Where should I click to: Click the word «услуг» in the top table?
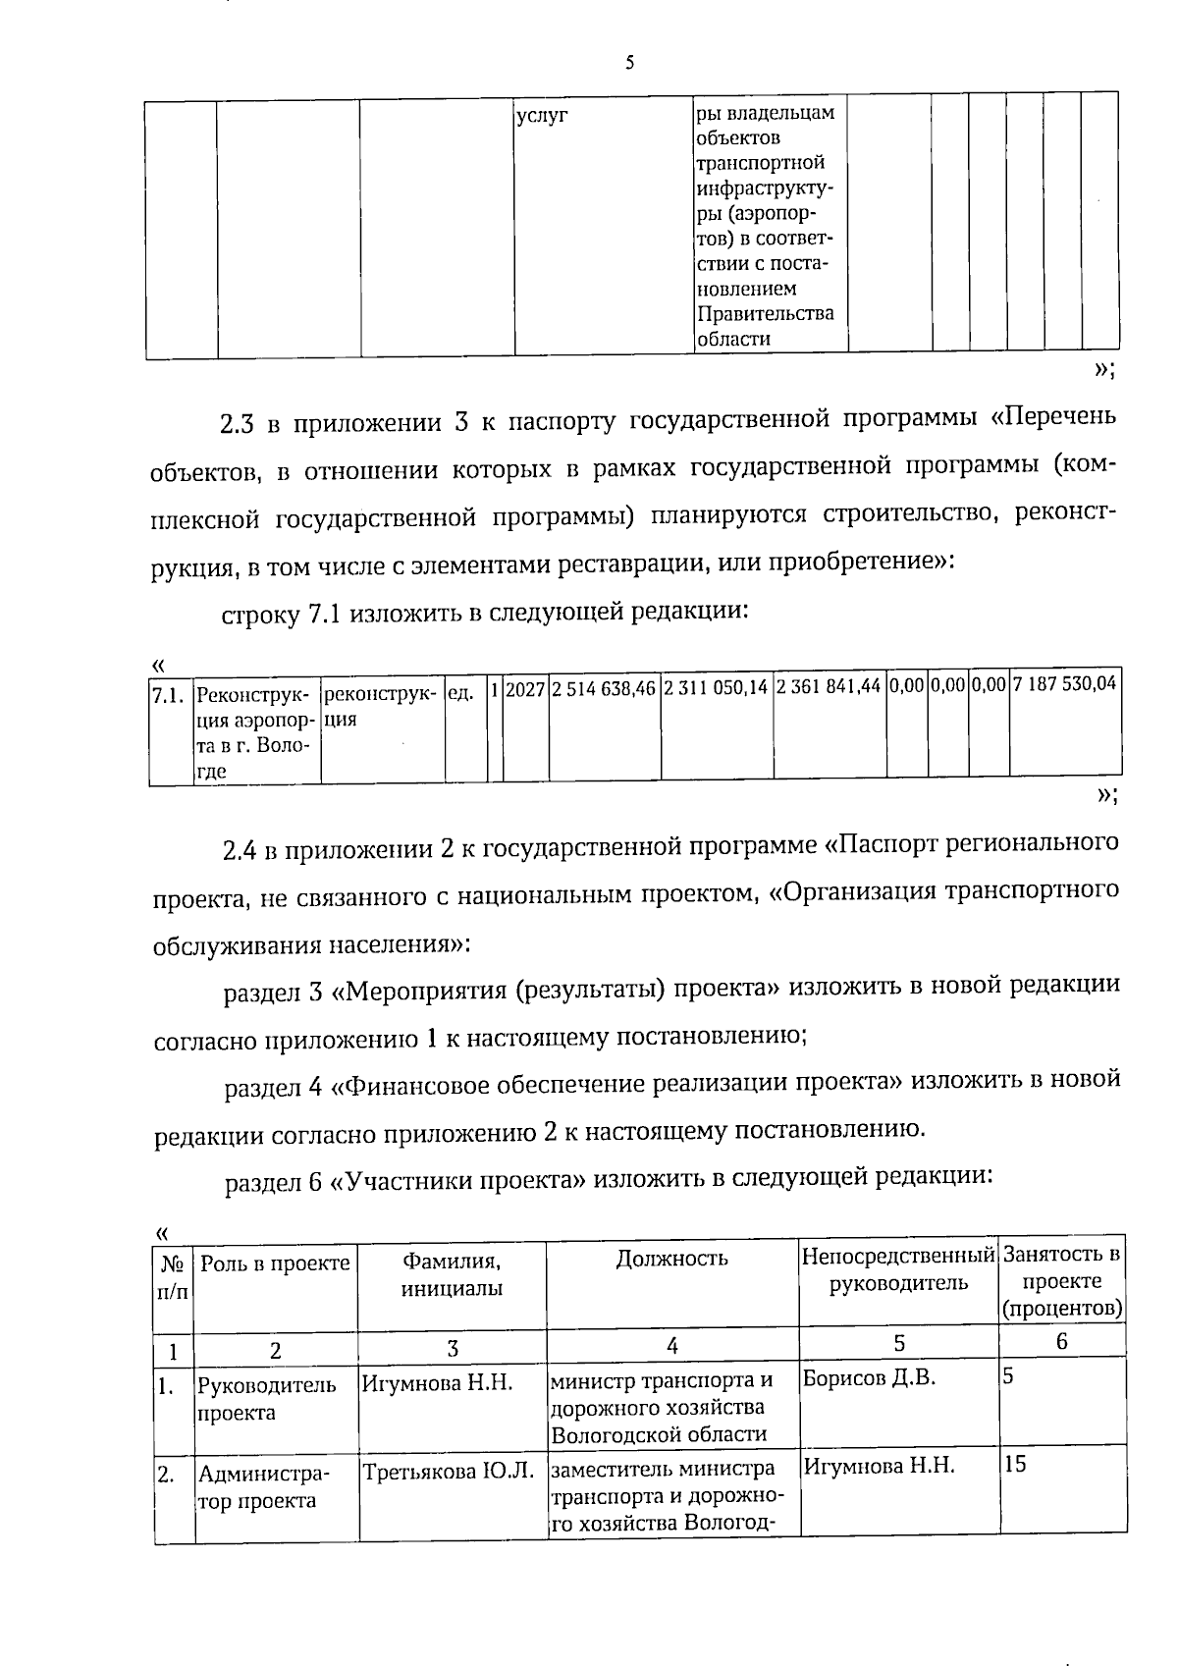tap(543, 116)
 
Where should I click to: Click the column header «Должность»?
tap(671, 1259)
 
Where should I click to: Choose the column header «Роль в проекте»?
tap(275, 1263)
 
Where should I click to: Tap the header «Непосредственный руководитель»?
tap(898, 1269)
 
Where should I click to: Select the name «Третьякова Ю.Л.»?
tap(448, 1472)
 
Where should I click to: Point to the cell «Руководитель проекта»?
tap(267, 1399)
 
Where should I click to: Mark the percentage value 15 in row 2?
tap(1014, 1464)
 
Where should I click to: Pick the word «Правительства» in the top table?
tap(766, 314)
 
